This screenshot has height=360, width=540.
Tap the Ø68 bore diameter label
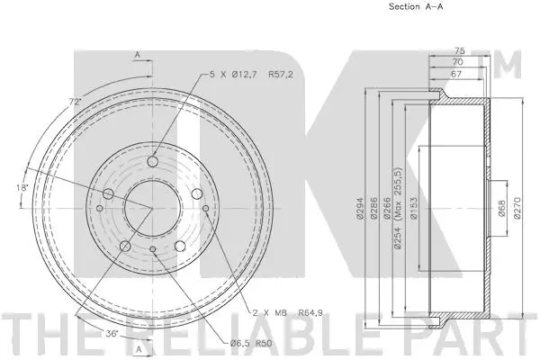tap(500, 210)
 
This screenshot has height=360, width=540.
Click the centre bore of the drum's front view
tap(150, 209)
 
